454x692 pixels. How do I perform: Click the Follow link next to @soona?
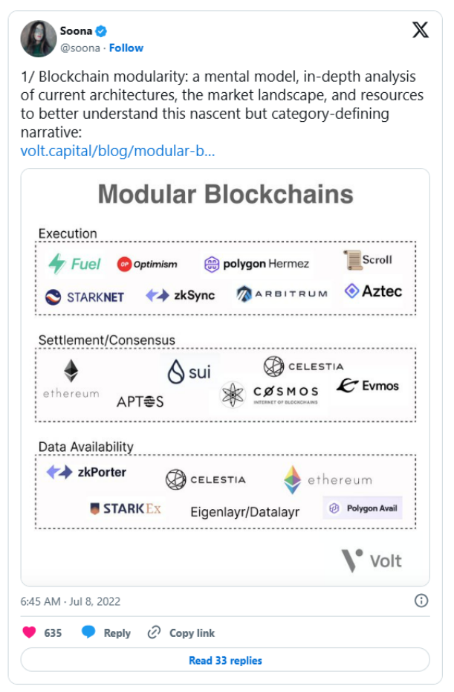point(126,48)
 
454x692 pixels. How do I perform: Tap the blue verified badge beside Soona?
point(101,30)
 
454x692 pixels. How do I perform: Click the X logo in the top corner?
point(420,30)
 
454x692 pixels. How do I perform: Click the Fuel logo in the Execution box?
point(74,264)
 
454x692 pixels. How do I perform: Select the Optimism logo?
point(147,264)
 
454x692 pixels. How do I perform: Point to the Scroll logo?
point(368,260)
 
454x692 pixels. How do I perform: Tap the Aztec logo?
point(373,291)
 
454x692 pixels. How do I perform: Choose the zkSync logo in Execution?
point(180,295)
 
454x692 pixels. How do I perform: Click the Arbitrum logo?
point(282,294)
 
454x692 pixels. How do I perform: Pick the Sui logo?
point(189,371)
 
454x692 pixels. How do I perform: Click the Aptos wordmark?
point(140,401)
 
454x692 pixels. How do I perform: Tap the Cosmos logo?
point(270,393)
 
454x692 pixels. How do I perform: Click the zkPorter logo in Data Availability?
point(86,472)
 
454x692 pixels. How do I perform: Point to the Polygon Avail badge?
point(363,508)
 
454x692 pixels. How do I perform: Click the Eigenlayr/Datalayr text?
point(244,511)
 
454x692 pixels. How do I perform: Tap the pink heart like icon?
point(29,633)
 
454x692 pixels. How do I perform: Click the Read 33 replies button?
point(225,660)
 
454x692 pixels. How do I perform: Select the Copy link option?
point(181,633)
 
